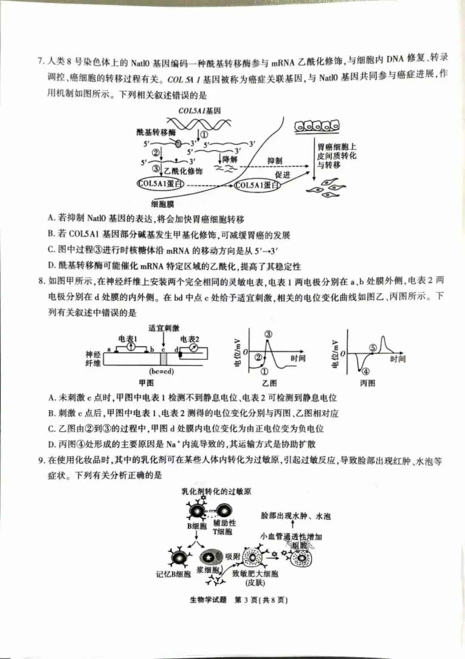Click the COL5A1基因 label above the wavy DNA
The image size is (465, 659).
[199, 111]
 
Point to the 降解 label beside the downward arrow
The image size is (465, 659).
[230, 159]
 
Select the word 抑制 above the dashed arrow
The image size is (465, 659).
[275, 161]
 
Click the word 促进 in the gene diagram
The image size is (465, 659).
[282, 174]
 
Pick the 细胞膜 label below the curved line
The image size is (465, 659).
[163, 204]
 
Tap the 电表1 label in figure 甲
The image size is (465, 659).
[127, 339]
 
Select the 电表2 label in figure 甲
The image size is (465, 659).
[190, 339]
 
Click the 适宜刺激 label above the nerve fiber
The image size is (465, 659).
[164, 328]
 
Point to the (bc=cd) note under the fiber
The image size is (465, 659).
[161, 371]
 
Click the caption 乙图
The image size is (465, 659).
[269, 383]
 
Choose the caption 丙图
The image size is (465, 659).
[367, 383]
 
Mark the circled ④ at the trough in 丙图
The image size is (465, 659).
[365, 371]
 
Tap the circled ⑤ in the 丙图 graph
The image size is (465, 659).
[373, 348]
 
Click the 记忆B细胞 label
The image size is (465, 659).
[173, 574]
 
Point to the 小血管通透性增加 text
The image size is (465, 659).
[291, 537]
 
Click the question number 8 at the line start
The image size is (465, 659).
[41, 281]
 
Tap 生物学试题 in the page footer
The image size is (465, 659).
[208, 600]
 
